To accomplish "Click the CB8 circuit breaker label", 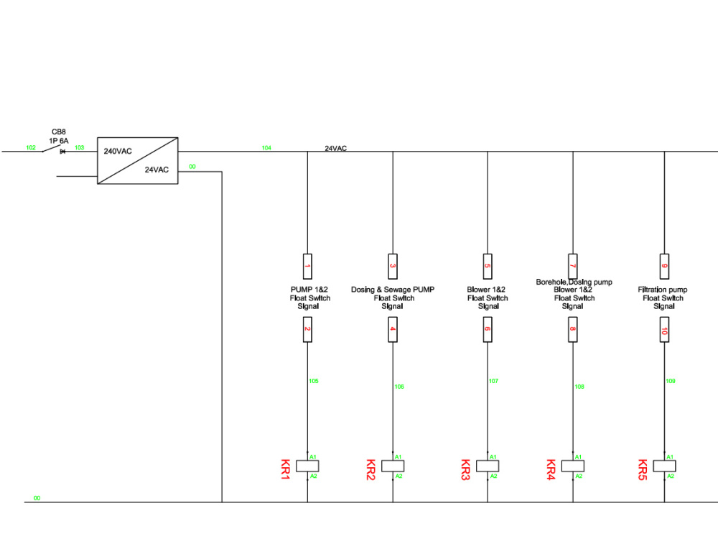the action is pyautogui.click(x=59, y=132).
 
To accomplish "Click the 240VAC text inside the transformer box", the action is pyautogui.click(x=118, y=151).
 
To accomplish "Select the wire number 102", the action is pyautogui.click(x=31, y=147).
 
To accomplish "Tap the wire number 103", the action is pyautogui.click(x=79, y=147).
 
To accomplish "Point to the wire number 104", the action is pyautogui.click(x=266, y=148).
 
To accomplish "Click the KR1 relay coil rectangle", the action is pyautogui.click(x=307, y=466).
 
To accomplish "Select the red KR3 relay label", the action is pyautogui.click(x=465, y=470).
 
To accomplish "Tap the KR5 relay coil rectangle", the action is pyautogui.click(x=664, y=466).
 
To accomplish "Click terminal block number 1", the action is pyautogui.click(x=307, y=267).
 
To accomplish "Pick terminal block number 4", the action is pyautogui.click(x=393, y=330).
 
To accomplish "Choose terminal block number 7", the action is pyautogui.click(x=573, y=267).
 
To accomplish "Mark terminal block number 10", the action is pyautogui.click(x=664, y=330).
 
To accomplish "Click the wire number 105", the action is pyautogui.click(x=314, y=381).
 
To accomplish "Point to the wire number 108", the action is pyautogui.click(x=579, y=387).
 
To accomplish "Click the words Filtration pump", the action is pyautogui.click(x=663, y=290).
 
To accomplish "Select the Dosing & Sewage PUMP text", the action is pyautogui.click(x=393, y=290).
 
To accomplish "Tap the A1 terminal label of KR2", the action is pyautogui.click(x=398, y=457).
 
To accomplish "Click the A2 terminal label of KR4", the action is pyautogui.click(x=579, y=476).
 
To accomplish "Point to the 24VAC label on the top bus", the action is pyautogui.click(x=335, y=149).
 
